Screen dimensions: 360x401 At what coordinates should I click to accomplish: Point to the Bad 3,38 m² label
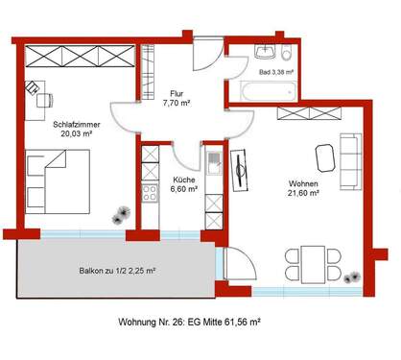[277, 71]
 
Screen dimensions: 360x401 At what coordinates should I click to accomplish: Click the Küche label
[184, 179]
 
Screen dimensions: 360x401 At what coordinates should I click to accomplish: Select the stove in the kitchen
[151, 192]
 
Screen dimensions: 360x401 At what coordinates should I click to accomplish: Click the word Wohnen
[306, 183]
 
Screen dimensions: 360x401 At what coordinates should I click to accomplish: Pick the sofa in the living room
[351, 153]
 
